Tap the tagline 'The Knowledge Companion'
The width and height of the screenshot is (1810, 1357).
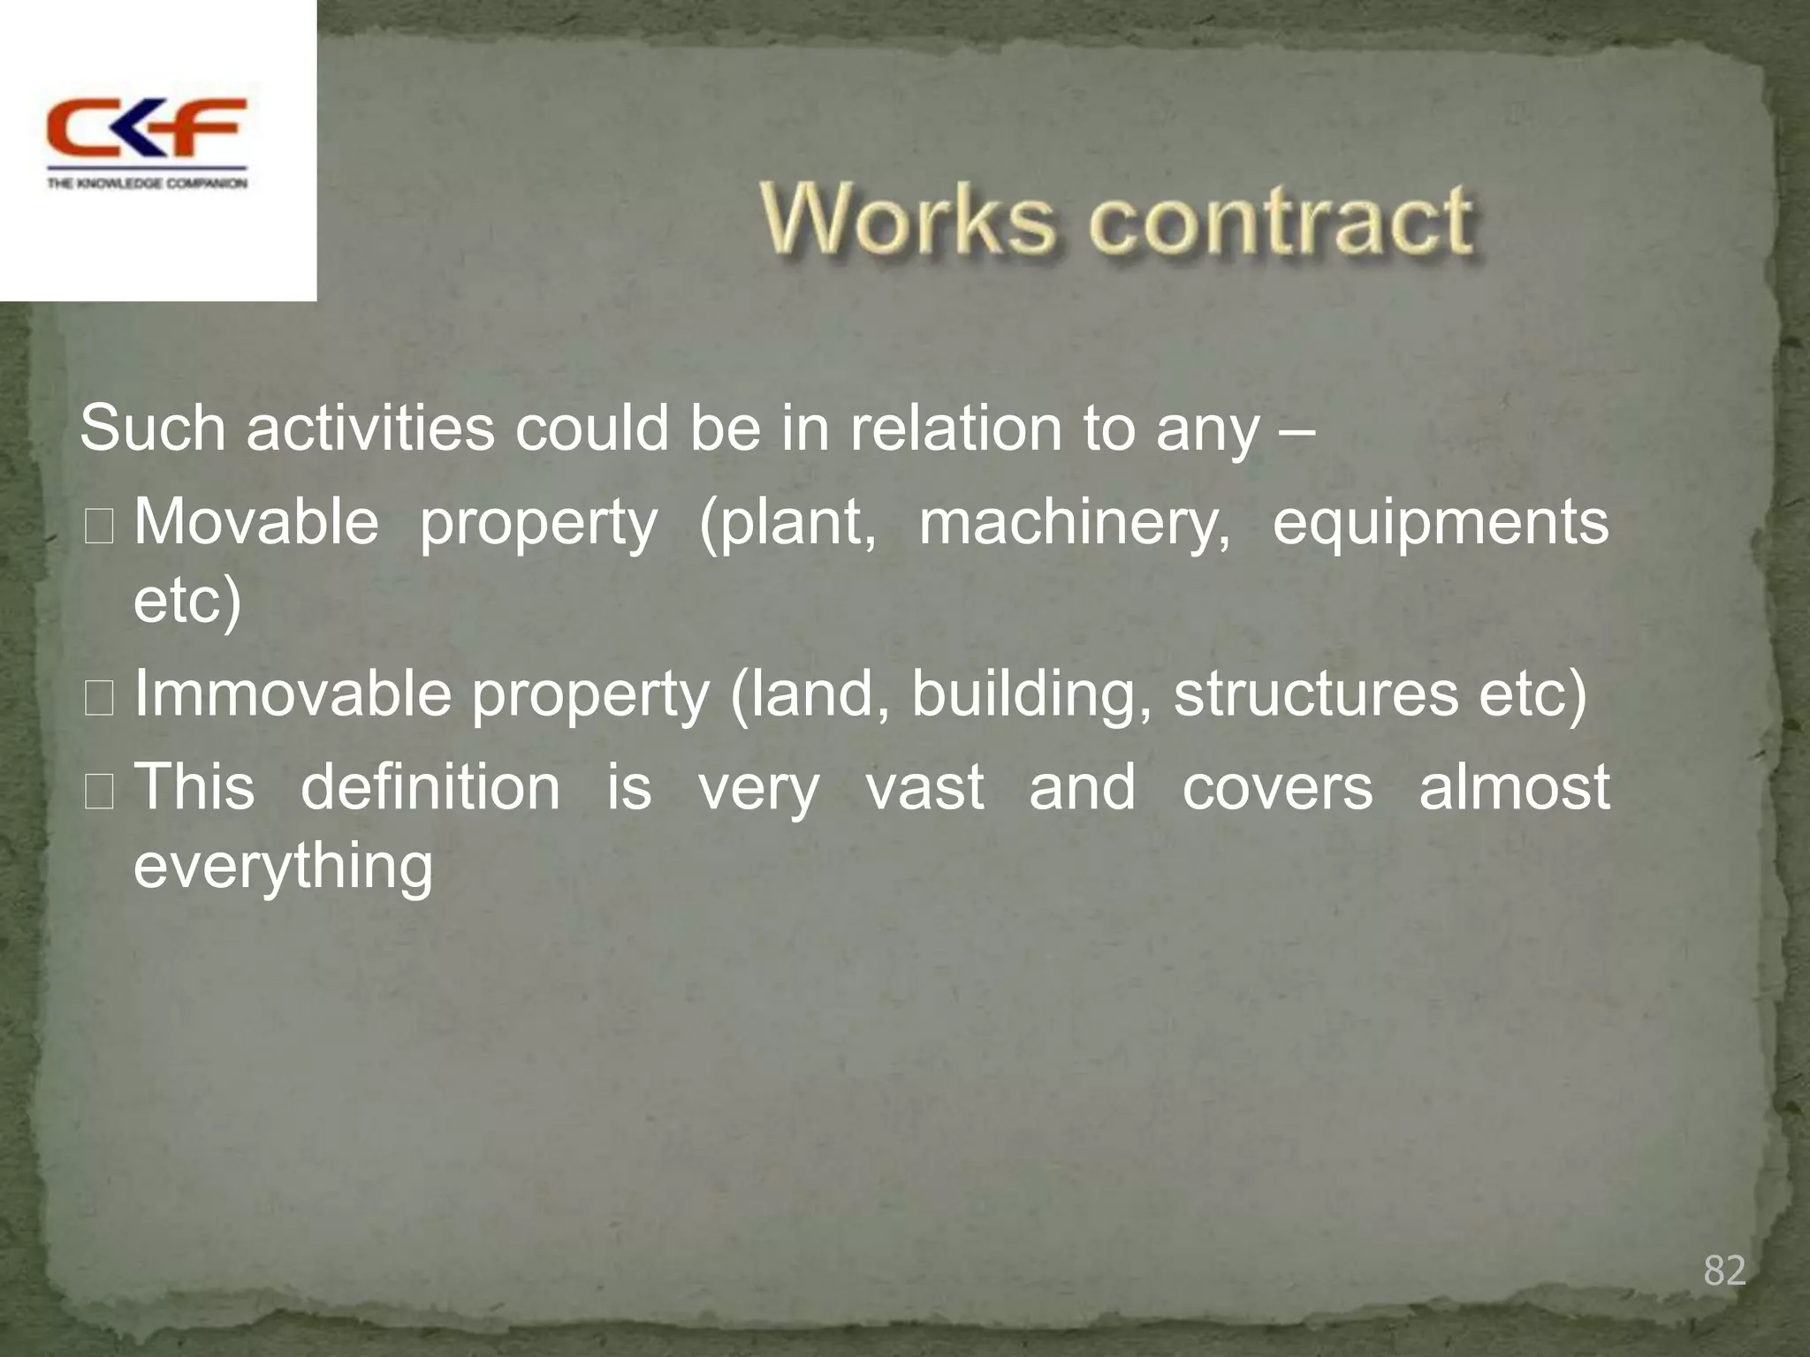tap(147, 184)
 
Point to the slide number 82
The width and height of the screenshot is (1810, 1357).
tap(1724, 1270)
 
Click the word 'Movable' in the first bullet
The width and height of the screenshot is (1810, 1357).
tap(256, 522)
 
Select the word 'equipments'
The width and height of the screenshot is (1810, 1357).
tap(1441, 524)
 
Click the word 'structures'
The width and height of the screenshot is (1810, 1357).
tap(1316, 694)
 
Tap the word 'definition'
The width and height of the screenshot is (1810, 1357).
tap(430, 786)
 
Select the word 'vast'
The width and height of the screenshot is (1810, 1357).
tap(924, 788)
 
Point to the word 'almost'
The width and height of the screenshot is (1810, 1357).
tap(1514, 786)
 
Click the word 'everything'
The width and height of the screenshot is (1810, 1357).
tap(283, 868)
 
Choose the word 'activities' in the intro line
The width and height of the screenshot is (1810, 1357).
tap(370, 428)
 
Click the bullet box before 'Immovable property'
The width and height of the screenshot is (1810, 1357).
tap(98, 698)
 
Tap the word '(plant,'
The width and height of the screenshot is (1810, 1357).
tap(787, 524)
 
